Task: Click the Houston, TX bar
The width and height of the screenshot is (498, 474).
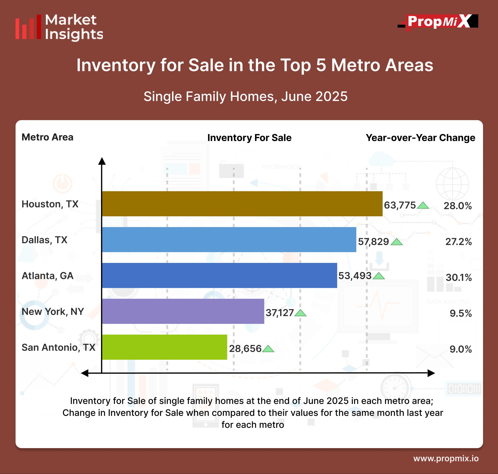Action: click(x=242, y=204)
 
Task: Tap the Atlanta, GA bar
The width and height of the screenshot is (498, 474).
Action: click(x=219, y=275)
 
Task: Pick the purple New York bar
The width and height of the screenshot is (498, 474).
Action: click(x=183, y=311)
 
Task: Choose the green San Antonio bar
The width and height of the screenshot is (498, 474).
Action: click(x=164, y=347)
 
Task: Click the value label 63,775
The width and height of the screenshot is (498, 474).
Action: click(x=400, y=205)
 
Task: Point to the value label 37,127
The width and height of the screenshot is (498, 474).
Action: click(x=279, y=313)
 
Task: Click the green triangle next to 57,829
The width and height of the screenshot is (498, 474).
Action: click(x=396, y=242)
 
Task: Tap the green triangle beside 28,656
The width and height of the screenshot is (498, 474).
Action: click(x=268, y=349)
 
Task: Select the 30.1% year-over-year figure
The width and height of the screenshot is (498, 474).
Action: click(x=459, y=278)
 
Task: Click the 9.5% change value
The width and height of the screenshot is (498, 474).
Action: click(x=461, y=314)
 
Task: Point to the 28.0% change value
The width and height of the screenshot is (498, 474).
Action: click(x=458, y=206)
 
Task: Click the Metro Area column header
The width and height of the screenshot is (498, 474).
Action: click(x=47, y=137)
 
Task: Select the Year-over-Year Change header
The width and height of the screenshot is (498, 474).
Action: click(x=420, y=138)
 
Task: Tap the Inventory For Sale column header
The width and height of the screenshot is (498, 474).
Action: click(x=249, y=138)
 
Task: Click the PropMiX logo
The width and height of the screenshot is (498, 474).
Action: click(x=438, y=22)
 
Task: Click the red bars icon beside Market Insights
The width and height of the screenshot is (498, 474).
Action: click(x=28, y=27)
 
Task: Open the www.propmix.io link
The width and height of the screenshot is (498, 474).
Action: click(x=446, y=458)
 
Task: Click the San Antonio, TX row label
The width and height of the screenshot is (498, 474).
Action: click(x=58, y=347)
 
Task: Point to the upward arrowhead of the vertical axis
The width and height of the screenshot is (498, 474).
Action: click(x=102, y=161)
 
